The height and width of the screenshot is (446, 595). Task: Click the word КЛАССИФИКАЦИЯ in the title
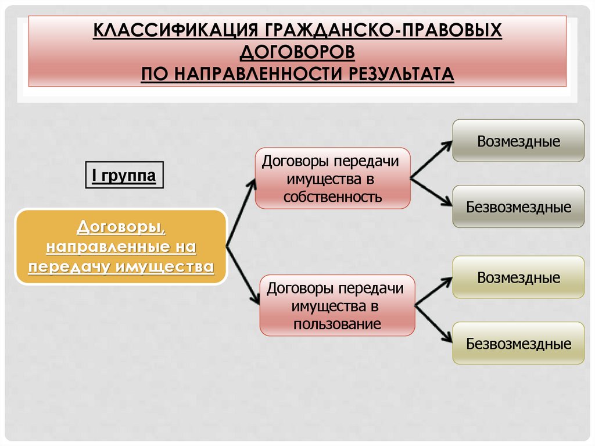pos(177,30)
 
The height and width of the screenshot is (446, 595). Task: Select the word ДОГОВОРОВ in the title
pos(297,52)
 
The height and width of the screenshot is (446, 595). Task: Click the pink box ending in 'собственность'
pos(332,178)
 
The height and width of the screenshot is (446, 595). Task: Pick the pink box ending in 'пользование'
pos(337,305)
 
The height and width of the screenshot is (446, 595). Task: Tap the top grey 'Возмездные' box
pos(518,141)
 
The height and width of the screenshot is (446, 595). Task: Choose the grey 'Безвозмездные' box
pos(518,207)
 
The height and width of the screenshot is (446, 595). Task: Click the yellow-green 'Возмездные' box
pos(518,277)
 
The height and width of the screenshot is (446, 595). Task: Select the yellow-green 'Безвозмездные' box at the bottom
pos(518,343)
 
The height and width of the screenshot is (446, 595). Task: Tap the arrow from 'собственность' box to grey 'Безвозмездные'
pos(431,191)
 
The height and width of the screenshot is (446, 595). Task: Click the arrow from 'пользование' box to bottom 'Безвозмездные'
pos(434,322)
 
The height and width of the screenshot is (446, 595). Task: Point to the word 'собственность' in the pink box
pos(332,197)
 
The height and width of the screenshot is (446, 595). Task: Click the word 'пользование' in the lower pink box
pos(337,324)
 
